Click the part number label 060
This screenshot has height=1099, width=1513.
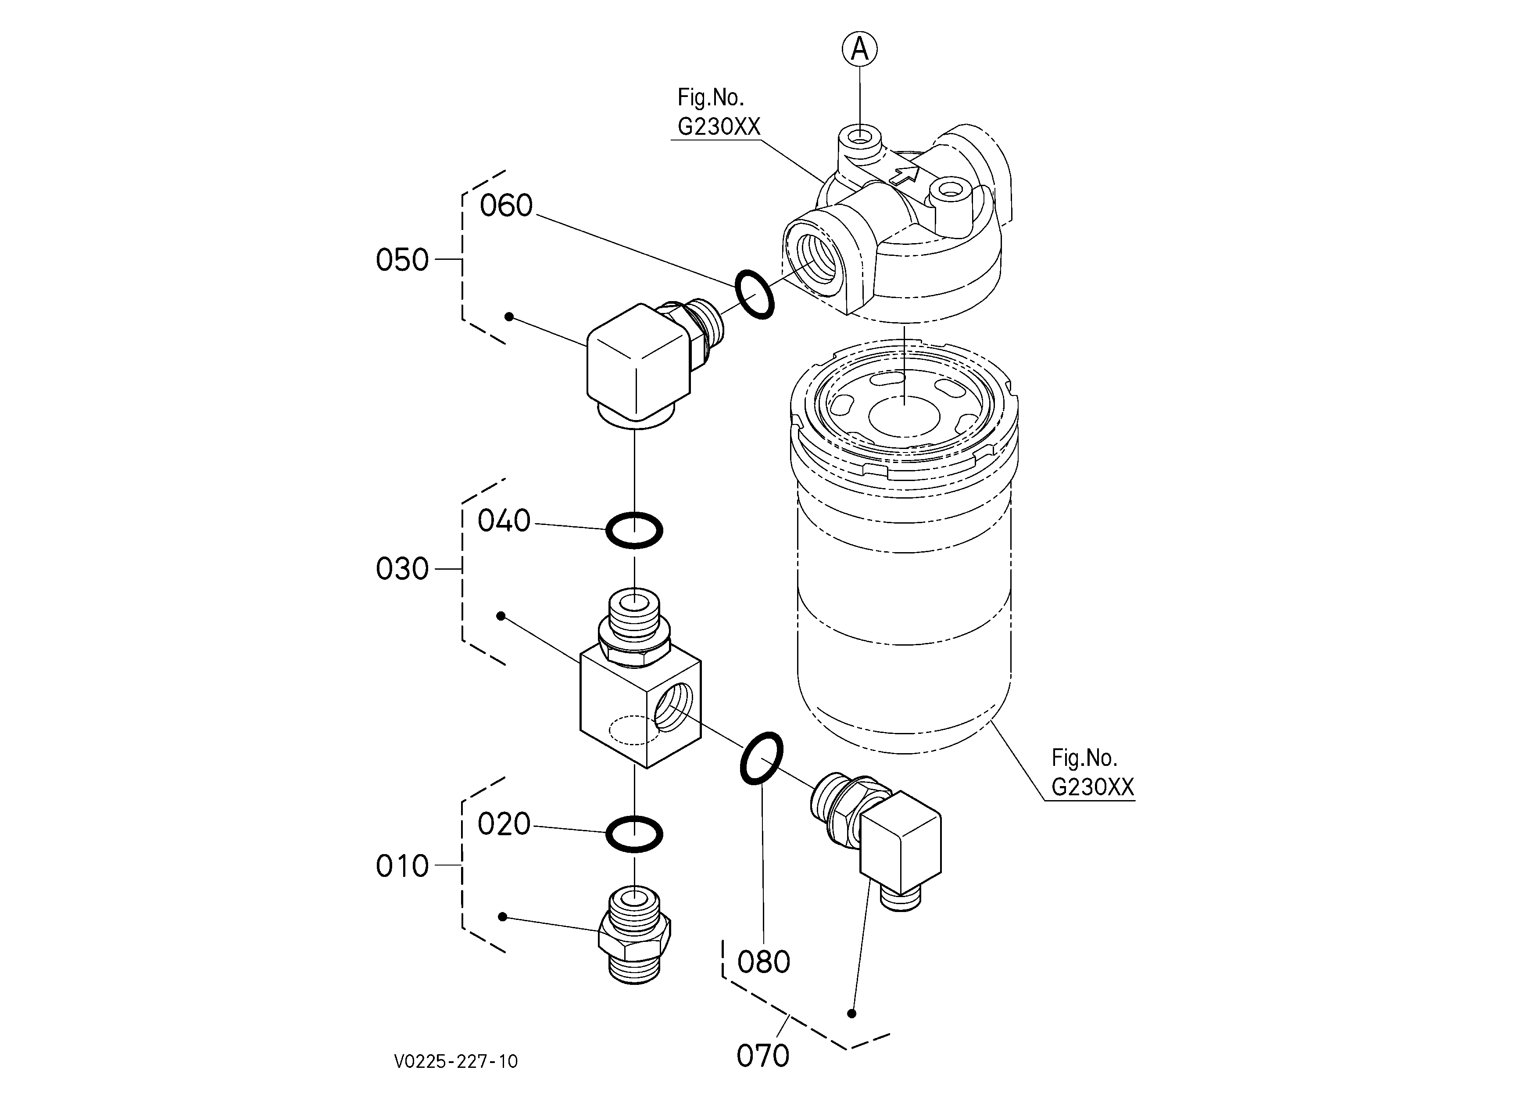coord(506,205)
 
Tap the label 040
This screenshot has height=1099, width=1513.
coord(504,521)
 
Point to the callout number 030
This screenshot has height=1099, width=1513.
coord(402,569)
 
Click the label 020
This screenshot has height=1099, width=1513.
coord(504,824)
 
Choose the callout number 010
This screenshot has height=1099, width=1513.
coord(402,866)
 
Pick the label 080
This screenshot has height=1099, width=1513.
coord(764,962)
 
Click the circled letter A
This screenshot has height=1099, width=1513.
coord(860,50)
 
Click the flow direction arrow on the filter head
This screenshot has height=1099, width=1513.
coord(904,175)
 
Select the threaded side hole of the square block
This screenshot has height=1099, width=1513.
coord(674,709)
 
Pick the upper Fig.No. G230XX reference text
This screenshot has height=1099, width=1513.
coord(719,111)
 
